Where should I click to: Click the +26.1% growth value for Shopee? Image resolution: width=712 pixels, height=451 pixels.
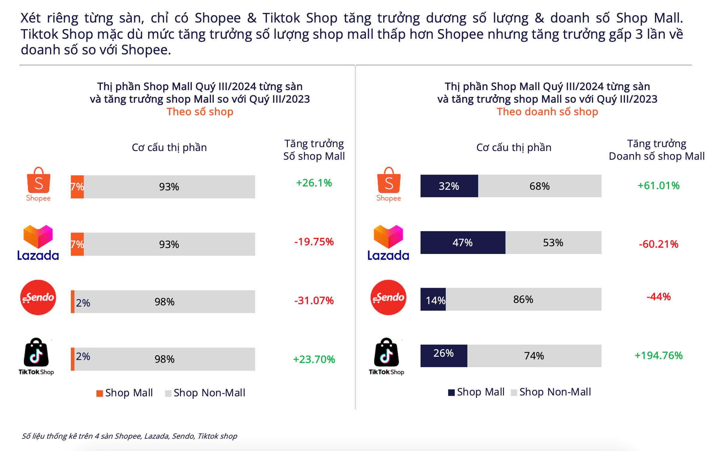[314, 183]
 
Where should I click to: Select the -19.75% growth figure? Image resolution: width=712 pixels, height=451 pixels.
[314, 242]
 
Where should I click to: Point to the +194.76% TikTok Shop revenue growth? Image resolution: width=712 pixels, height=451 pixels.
[659, 356]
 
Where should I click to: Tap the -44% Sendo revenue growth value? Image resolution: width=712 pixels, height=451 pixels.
[659, 297]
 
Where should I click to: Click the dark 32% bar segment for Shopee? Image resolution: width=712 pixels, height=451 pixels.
[449, 186]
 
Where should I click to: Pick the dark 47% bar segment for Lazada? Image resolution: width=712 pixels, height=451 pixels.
[463, 243]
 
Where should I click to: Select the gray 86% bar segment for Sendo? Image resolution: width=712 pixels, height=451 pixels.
[523, 299]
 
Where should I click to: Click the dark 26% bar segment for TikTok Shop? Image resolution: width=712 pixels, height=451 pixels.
[444, 356]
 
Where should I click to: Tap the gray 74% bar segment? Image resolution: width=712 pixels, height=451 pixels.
[534, 356]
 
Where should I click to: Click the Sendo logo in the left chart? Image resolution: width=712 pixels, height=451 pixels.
[38, 297]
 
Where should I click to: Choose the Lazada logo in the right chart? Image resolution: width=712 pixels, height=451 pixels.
[388, 243]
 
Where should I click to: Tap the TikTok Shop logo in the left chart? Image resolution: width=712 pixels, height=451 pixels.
[36, 356]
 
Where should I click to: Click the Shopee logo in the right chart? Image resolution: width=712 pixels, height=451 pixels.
[389, 184]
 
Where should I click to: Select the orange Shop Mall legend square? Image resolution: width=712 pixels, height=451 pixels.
[99, 393]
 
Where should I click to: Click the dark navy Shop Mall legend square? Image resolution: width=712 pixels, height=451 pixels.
[451, 392]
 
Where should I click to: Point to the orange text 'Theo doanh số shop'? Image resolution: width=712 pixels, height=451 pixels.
[547, 112]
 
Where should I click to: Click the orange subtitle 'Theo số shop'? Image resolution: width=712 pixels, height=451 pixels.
[200, 112]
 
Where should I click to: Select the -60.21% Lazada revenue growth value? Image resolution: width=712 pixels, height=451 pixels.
[659, 244]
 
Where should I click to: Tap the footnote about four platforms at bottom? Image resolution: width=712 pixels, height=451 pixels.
[129, 436]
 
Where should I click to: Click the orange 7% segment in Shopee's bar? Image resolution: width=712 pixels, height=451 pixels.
[77, 187]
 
